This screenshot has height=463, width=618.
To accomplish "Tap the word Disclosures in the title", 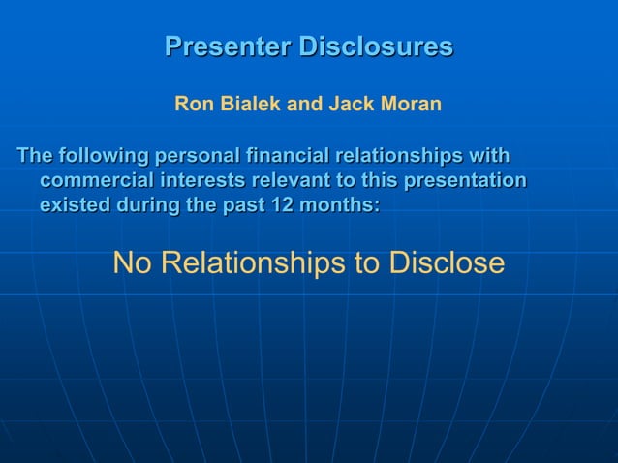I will point(375,46).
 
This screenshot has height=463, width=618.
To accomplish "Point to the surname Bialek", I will point(249,104).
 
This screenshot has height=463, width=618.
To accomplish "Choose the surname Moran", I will point(411,104).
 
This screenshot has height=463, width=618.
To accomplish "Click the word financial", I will point(289,156).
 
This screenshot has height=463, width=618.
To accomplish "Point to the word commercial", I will point(94,180).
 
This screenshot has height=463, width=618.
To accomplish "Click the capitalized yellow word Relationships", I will point(255,262).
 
